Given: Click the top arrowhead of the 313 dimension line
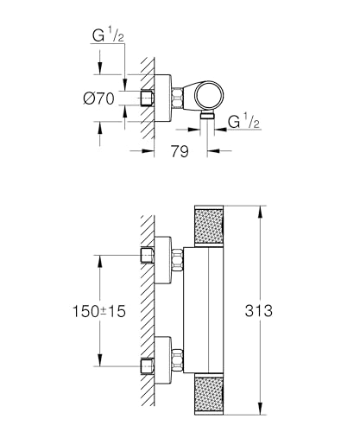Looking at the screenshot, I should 261,208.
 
